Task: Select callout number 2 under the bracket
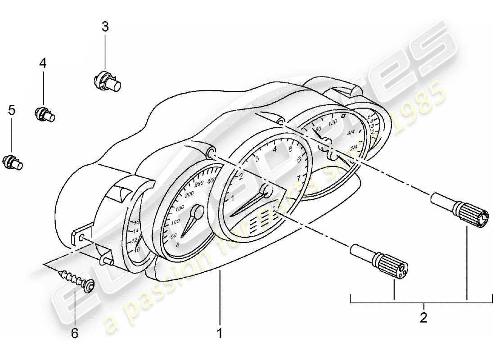423,318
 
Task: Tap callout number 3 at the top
105,27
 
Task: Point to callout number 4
42,63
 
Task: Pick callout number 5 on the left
12,109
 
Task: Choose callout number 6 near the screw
75,333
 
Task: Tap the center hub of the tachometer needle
266,191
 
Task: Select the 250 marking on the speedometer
198,182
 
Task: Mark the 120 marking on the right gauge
333,122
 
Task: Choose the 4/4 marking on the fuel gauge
352,133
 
